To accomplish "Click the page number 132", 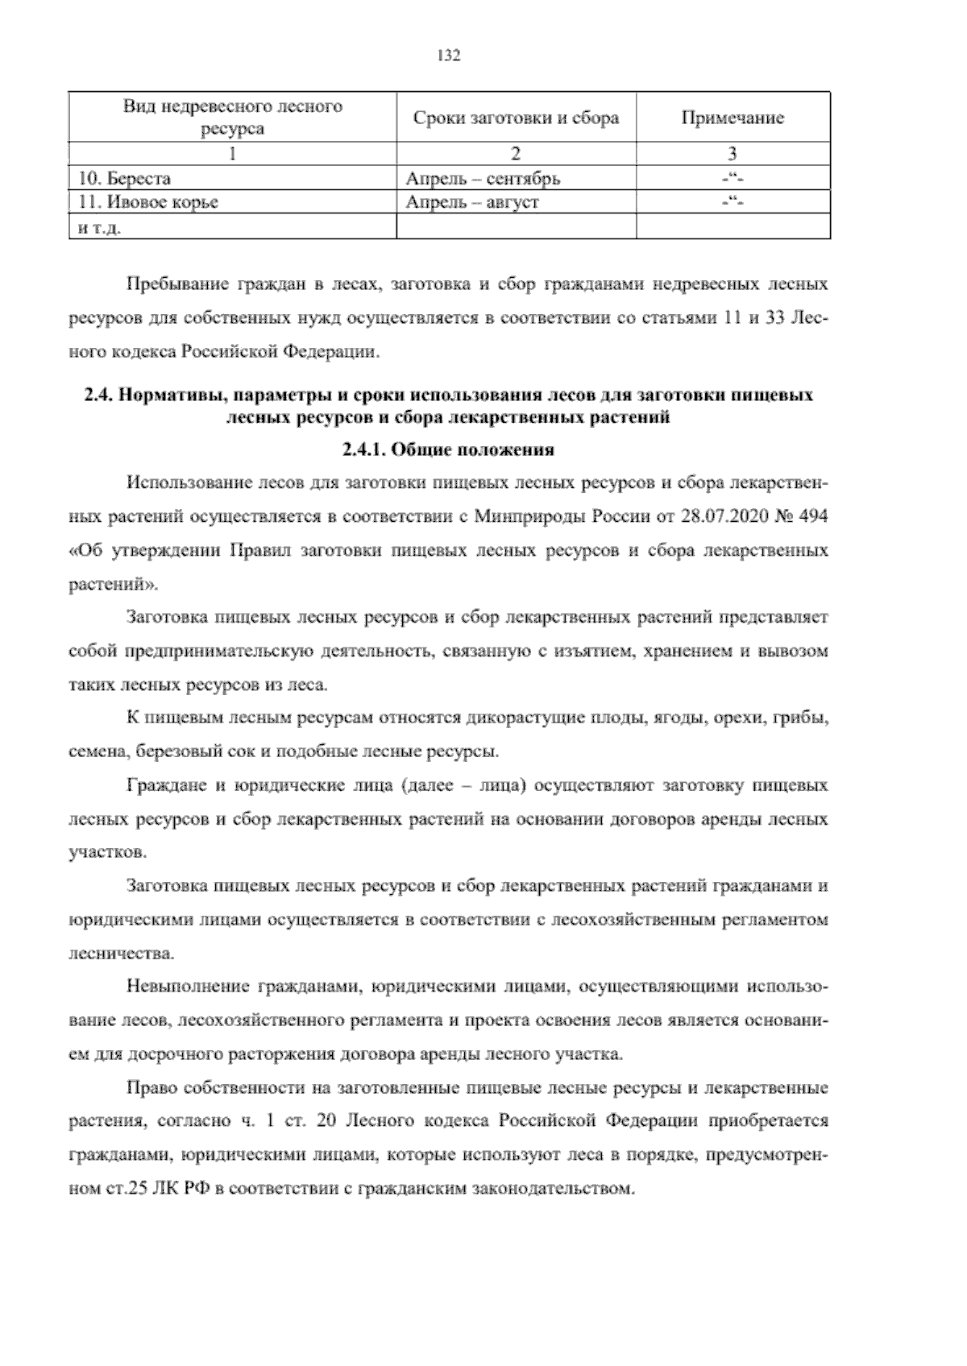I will pyautogui.click(x=447, y=56).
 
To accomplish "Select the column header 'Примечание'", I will pyautogui.click(x=732, y=118).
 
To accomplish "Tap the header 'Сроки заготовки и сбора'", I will pyautogui.click(x=516, y=118).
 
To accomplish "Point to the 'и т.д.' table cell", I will pyautogui.click(x=100, y=228).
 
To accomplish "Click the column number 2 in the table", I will pyautogui.click(x=516, y=154).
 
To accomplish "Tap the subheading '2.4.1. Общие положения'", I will pyautogui.click(x=447, y=450).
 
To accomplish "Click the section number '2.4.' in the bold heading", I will pyautogui.click(x=101, y=395).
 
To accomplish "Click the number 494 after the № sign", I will pyautogui.click(x=812, y=516).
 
